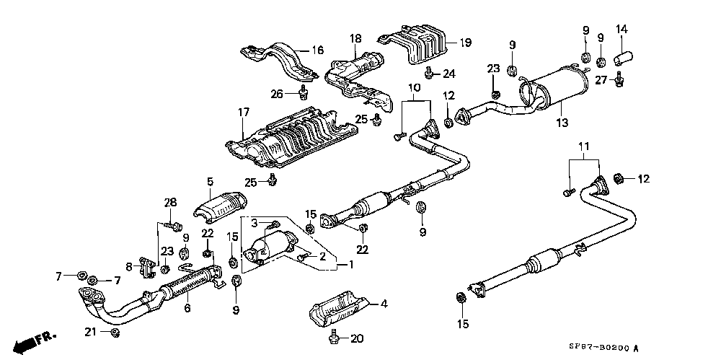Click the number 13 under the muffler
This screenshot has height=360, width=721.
pyautogui.click(x=562, y=123)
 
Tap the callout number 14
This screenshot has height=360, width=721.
pyautogui.click(x=622, y=30)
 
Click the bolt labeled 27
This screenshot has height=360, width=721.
pyautogui.click(x=619, y=80)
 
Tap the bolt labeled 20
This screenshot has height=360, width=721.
pyautogui.click(x=333, y=338)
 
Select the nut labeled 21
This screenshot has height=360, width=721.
pyautogui.click(x=115, y=333)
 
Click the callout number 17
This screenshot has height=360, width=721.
pyautogui.click(x=243, y=112)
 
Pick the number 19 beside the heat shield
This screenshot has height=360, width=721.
pyautogui.click(x=465, y=43)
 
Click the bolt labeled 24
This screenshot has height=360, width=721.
pyautogui.click(x=428, y=73)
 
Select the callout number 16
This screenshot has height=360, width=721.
pyautogui.click(x=318, y=50)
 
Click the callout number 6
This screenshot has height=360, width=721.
pyautogui.click(x=187, y=308)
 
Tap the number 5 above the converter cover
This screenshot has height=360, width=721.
pyautogui.click(x=210, y=181)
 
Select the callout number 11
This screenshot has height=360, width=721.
pyautogui.click(x=583, y=148)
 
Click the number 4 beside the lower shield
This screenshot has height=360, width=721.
pyautogui.click(x=384, y=304)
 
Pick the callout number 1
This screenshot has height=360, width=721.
pyautogui.click(x=350, y=265)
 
